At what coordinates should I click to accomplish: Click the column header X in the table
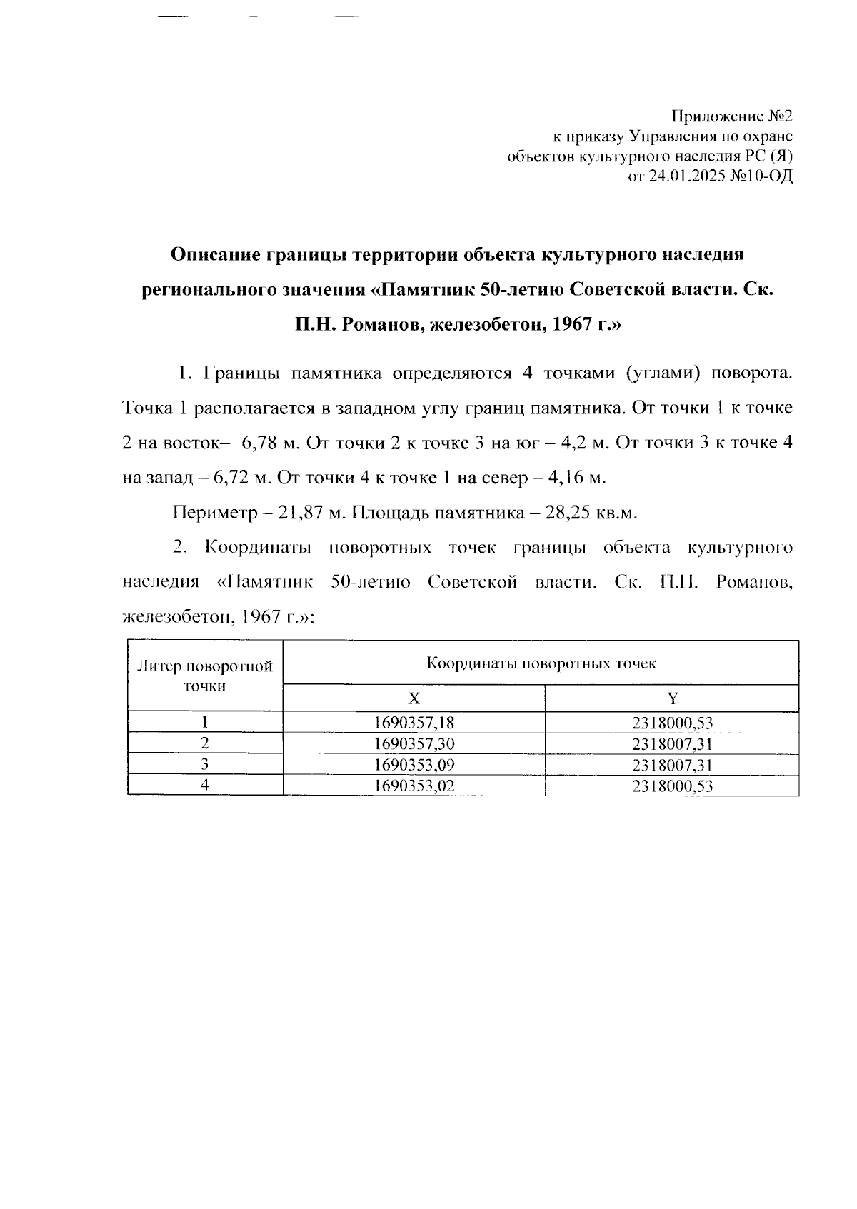point(414,698)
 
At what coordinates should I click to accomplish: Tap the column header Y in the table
point(672,698)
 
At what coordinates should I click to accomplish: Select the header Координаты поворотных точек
point(541,663)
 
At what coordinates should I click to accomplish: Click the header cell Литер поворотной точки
point(205,676)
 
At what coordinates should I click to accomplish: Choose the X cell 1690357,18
point(414,723)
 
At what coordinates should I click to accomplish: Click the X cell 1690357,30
point(414,744)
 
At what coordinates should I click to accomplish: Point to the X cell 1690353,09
point(414,766)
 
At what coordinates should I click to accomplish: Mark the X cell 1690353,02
point(414,787)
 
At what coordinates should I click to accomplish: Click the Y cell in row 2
point(672,744)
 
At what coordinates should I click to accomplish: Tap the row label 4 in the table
point(205,786)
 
